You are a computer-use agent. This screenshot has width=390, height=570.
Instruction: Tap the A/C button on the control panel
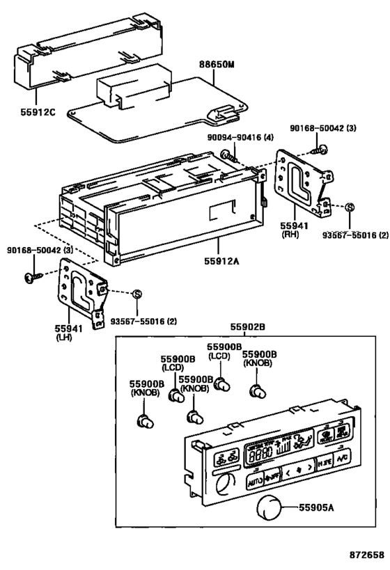(x=342, y=459)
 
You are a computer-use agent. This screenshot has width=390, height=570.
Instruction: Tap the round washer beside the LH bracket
(x=137, y=293)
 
